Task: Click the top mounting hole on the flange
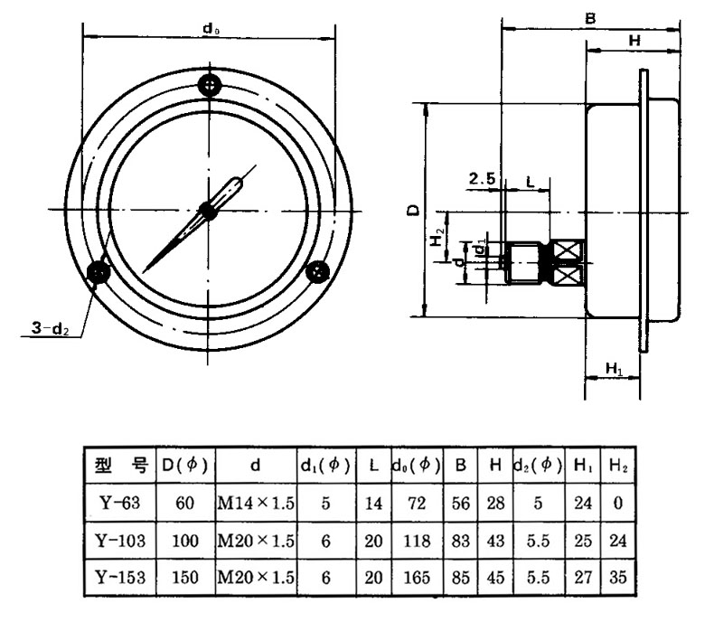coord(210,86)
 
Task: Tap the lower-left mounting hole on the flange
coord(98,272)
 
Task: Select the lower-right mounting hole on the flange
coord(317,271)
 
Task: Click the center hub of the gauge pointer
coord(209,211)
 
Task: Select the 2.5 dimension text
coord(481,180)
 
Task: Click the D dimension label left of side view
coord(413,210)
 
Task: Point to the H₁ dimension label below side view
coord(614,369)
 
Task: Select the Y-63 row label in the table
coord(119,504)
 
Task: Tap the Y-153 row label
coord(119,577)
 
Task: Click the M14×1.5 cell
coord(256,504)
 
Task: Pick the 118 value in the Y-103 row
coord(416,541)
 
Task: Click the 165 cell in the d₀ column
coord(416,577)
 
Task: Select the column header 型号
coord(119,466)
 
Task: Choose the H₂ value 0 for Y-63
coord(615,504)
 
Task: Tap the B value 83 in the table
coord(461,541)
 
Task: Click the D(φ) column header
coord(184,466)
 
